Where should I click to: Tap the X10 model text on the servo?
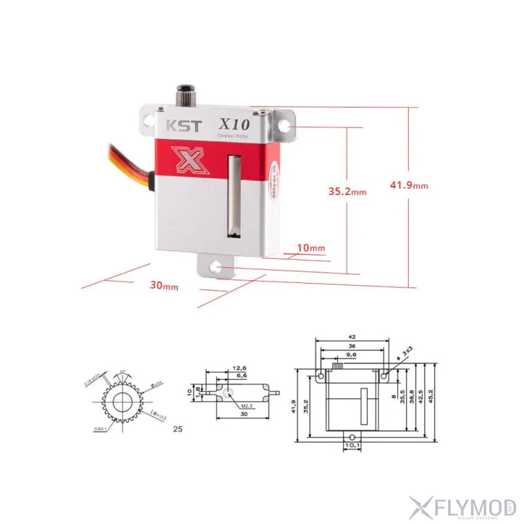click(x=234, y=123)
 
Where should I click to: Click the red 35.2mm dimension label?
click(x=346, y=191)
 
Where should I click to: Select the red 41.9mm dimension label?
click(x=409, y=185)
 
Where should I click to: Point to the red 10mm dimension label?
click(x=310, y=248)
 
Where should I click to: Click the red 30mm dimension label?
click(x=164, y=286)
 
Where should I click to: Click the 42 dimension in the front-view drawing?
click(x=352, y=337)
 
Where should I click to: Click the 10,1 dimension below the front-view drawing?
click(x=352, y=445)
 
